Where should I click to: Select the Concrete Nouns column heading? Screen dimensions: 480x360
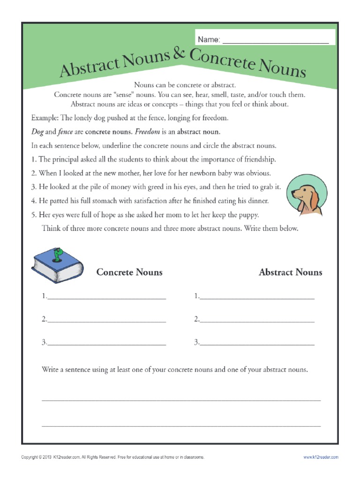pos(129,272)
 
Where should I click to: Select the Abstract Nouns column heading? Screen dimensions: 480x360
pos(290,272)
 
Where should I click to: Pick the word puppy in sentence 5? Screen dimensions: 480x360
pos(247,215)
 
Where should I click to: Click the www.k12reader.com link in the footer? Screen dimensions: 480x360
pos(321,457)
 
